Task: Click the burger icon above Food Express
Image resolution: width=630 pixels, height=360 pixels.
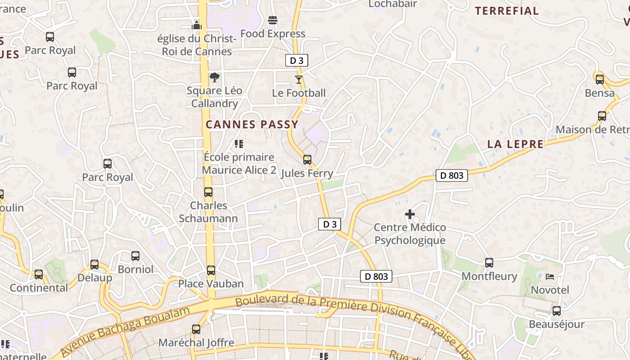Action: (272, 20)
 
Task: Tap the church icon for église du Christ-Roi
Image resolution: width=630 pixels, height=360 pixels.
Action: (197, 25)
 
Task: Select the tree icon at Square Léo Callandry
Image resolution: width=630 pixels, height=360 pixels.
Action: (215, 77)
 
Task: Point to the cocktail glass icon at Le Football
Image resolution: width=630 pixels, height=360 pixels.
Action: (299, 80)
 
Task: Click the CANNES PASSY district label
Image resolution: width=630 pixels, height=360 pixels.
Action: (252, 125)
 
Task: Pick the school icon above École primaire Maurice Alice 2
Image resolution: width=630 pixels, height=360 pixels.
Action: (239, 144)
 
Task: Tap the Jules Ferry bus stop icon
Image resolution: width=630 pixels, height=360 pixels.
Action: (307, 160)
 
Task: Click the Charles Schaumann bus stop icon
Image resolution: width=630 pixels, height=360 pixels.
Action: (208, 192)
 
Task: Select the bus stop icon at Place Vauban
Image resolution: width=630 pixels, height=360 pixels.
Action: (211, 270)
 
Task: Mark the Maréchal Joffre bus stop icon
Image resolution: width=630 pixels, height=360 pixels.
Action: (196, 329)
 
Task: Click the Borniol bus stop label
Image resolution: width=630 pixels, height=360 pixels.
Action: (135, 270)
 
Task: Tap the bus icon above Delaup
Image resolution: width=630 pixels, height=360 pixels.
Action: (94, 265)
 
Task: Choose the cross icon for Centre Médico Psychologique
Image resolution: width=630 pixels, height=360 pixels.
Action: (410, 214)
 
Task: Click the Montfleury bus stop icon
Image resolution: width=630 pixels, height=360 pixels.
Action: (489, 262)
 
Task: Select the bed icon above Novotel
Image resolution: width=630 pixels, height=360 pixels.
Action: (550, 276)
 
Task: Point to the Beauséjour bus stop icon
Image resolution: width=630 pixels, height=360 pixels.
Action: (557, 311)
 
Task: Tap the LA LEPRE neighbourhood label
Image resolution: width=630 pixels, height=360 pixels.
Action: (515, 144)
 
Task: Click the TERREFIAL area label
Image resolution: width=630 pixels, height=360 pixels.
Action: (507, 11)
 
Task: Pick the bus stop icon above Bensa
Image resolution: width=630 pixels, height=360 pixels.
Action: (600, 80)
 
